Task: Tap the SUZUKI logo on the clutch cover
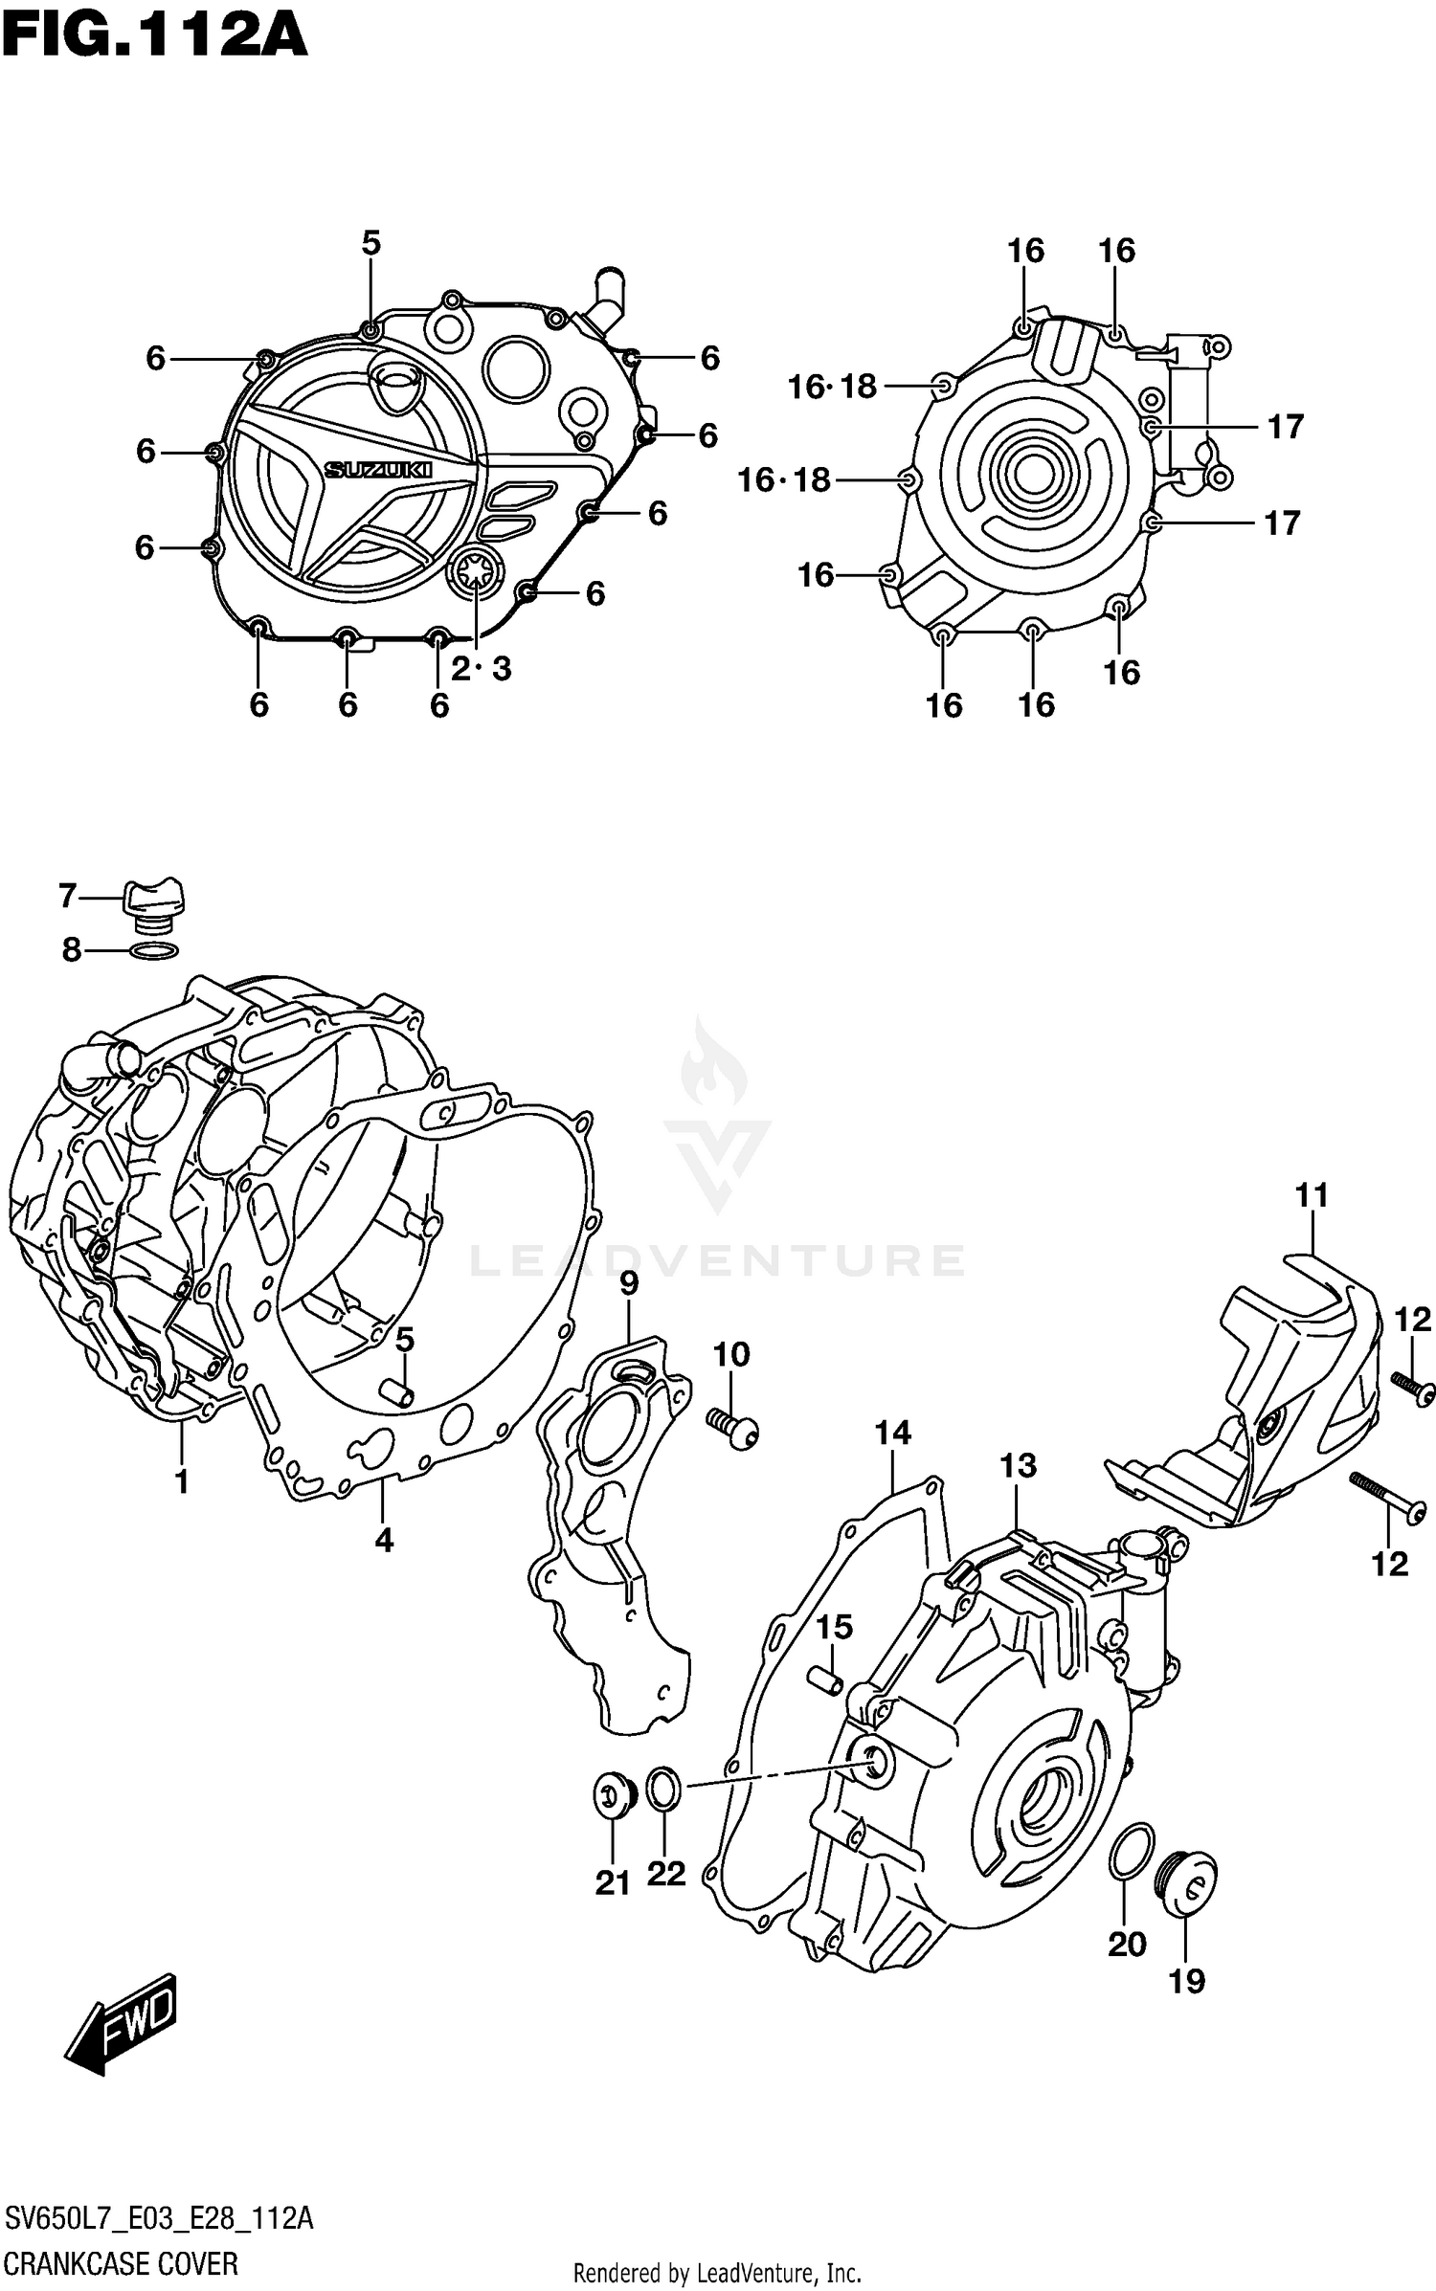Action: [x=379, y=470]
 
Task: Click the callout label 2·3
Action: [x=482, y=669]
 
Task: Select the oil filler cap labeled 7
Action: [x=153, y=901]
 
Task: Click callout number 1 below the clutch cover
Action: [x=181, y=1481]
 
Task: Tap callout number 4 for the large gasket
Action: [x=383, y=1540]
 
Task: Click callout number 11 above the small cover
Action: [x=1312, y=1195]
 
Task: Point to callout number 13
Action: [x=1019, y=1465]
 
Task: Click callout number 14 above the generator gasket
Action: [x=892, y=1433]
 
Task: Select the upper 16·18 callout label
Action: [x=832, y=387]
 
